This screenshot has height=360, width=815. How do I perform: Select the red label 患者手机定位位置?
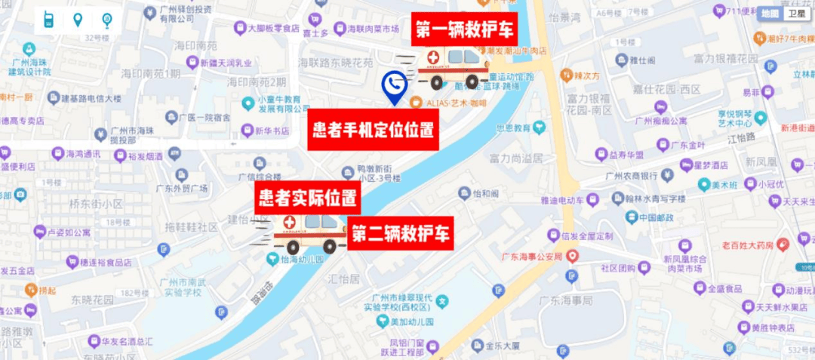[x=374, y=131]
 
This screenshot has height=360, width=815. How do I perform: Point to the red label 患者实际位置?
[x=307, y=198]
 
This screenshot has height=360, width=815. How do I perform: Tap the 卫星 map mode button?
[x=796, y=14]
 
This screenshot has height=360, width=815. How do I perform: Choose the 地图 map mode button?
[x=769, y=14]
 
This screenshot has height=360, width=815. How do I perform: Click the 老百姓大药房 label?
[x=747, y=245]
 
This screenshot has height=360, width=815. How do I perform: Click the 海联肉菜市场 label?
[x=372, y=29]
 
